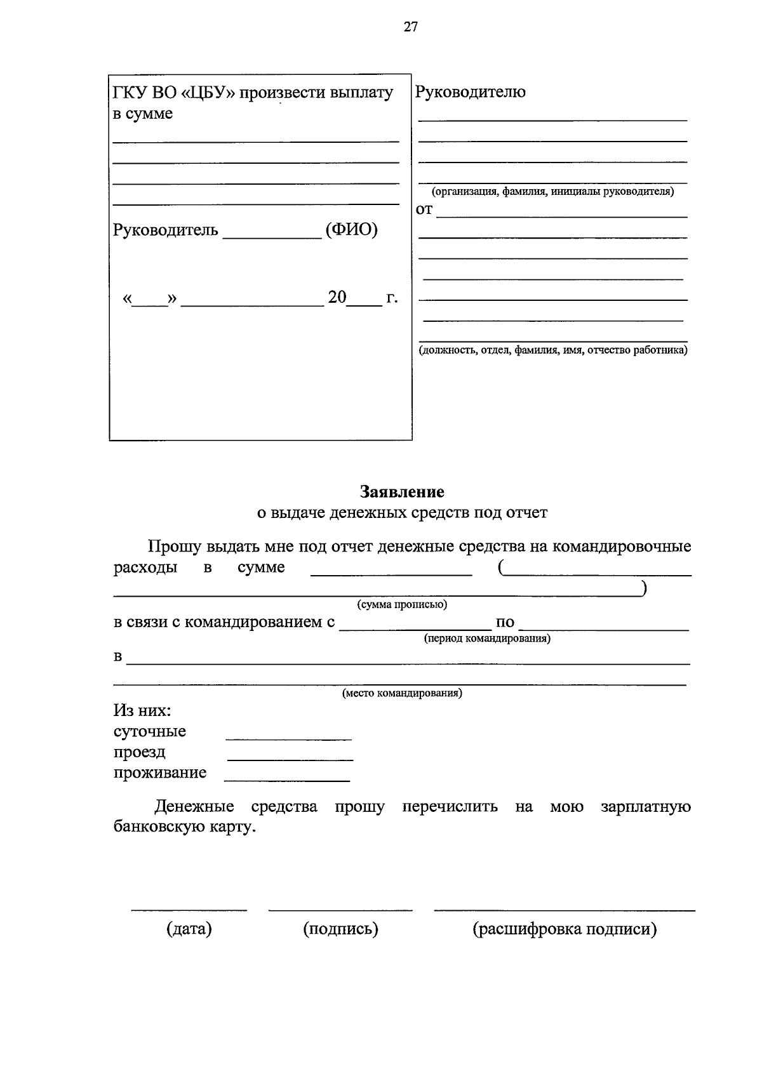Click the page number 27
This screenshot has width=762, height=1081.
[x=411, y=27]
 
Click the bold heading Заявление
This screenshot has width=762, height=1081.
[x=402, y=491]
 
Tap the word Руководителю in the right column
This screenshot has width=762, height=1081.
[x=470, y=92]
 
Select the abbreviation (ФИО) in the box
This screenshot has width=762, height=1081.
[x=351, y=230]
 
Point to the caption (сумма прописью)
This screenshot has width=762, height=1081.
[x=402, y=604]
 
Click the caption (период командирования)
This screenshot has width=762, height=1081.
[x=487, y=639]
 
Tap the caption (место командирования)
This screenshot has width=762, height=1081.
[x=402, y=693]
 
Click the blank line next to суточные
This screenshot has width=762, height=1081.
[x=288, y=738]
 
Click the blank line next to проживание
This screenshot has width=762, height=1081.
[x=287, y=779]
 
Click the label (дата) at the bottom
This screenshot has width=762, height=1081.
[x=189, y=929]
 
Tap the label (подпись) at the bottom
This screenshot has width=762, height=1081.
[x=340, y=929]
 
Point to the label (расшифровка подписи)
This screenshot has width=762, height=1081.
[x=565, y=929]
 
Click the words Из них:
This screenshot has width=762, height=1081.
[x=142, y=710]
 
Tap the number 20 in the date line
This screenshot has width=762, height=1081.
[x=337, y=297]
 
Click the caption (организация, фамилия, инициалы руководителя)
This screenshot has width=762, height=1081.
[x=552, y=192]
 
